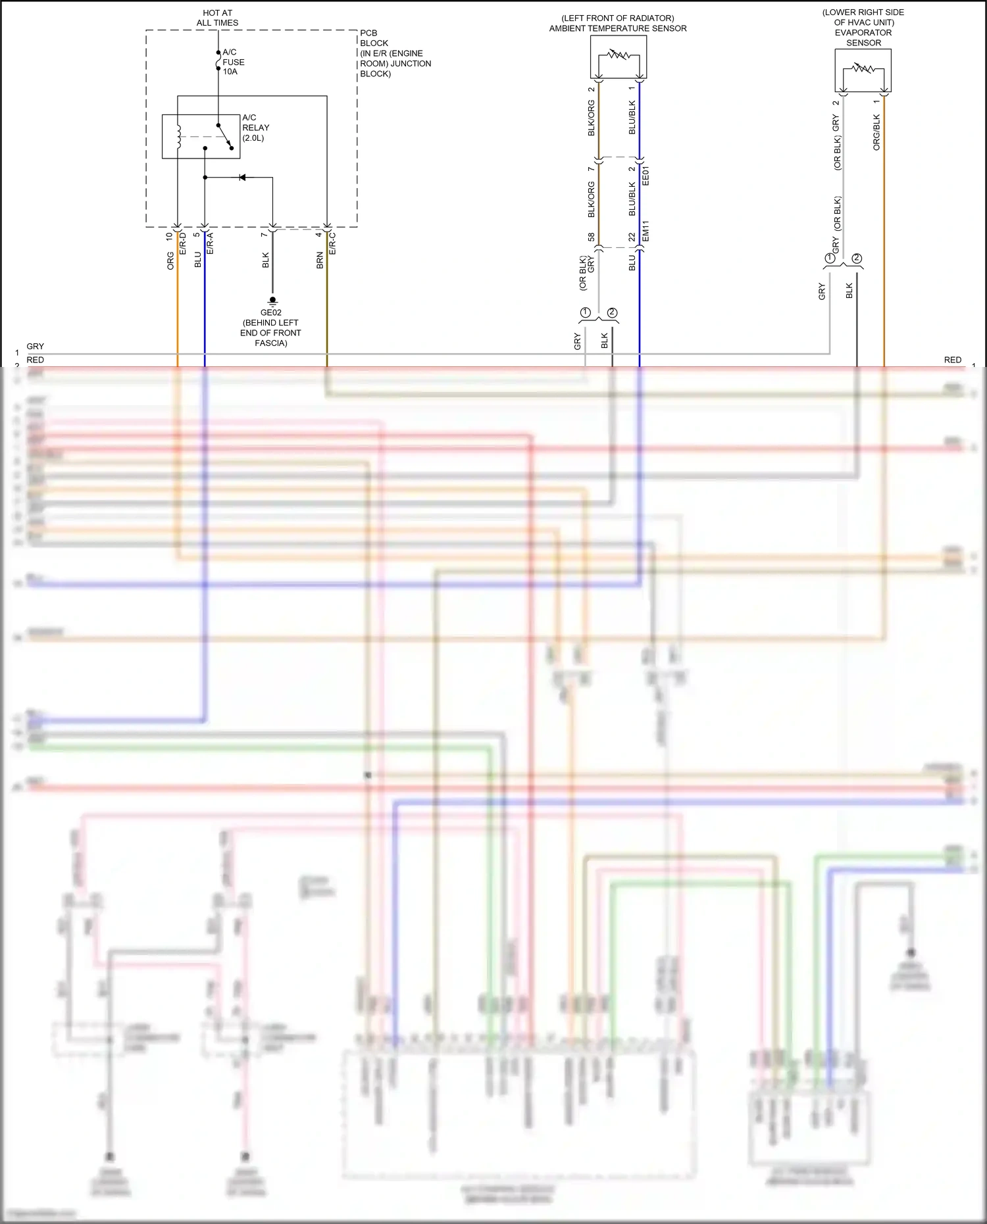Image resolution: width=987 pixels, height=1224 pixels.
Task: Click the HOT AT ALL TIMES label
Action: pos(217,18)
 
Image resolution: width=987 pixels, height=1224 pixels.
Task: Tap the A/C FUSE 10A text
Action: pos(233,62)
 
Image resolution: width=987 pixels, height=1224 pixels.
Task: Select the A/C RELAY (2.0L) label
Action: pos(255,128)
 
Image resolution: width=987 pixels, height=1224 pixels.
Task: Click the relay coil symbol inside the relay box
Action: pos(178,135)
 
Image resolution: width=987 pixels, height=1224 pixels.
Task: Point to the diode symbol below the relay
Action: pos(242,178)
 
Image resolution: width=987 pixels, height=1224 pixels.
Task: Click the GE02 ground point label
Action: pos(270,312)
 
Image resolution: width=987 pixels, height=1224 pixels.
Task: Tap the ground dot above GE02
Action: pos(272,300)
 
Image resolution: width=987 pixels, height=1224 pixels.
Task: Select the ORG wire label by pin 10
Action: pos(170,260)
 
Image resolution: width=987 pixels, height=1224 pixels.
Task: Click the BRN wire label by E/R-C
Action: pos(320,260)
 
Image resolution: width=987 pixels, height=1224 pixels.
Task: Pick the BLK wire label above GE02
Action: pos(266,260)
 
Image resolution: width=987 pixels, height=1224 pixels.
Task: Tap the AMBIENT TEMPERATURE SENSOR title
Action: pos(618,28)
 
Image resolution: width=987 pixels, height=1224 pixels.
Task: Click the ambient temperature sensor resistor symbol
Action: pos(618,55)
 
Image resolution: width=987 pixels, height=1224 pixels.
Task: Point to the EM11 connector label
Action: pos(645,230)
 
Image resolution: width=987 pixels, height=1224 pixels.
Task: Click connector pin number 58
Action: pos(591,237)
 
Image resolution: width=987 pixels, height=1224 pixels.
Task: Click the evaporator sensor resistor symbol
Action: pos(863,68)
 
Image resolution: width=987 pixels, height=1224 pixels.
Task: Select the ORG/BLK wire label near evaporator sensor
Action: pos(876,132)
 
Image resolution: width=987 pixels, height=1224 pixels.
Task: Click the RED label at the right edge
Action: pos(952,360)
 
